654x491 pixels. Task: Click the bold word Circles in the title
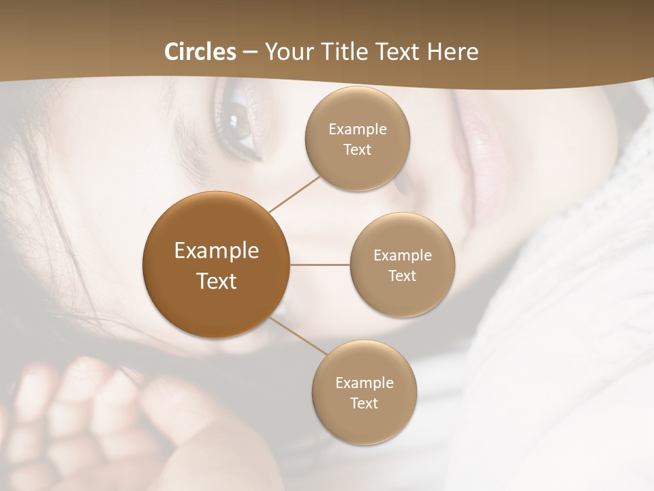click(x=200, y=52)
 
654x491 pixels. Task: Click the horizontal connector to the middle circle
click(x=320, y=265)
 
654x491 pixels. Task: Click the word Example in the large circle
click(x=216, y=251)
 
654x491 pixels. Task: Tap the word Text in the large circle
click(x=216, y=281)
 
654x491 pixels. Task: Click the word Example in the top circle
click(x=358, y=129)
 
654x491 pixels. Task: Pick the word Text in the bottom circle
click(x=364, y=403)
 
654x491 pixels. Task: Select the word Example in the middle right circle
click(x=403, y=255)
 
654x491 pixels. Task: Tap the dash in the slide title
click(x=250, y=52)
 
